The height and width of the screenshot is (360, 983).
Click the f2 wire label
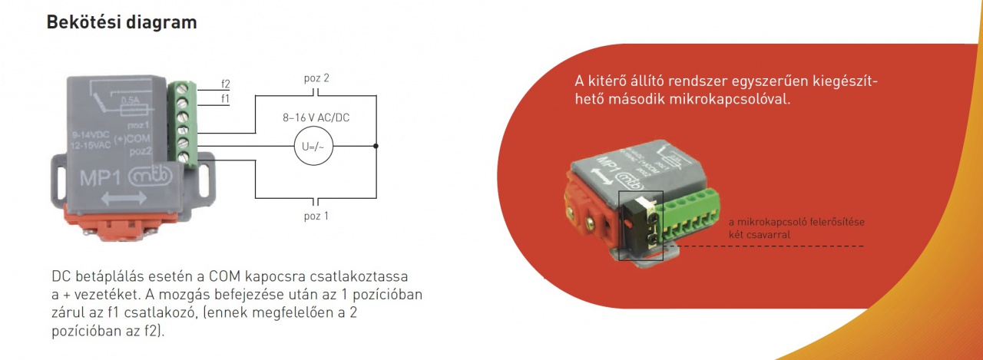click(x=225, y=84)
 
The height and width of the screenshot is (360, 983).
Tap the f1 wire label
click(x=225, y=98)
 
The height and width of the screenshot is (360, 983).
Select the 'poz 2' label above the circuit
click(x=316, y=78)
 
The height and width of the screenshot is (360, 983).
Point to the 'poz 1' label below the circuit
click(x=316, y=216)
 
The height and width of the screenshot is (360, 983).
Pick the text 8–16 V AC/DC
click(x=316, y=118)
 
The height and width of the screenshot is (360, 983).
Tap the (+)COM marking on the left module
click(x=131, y=139)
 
